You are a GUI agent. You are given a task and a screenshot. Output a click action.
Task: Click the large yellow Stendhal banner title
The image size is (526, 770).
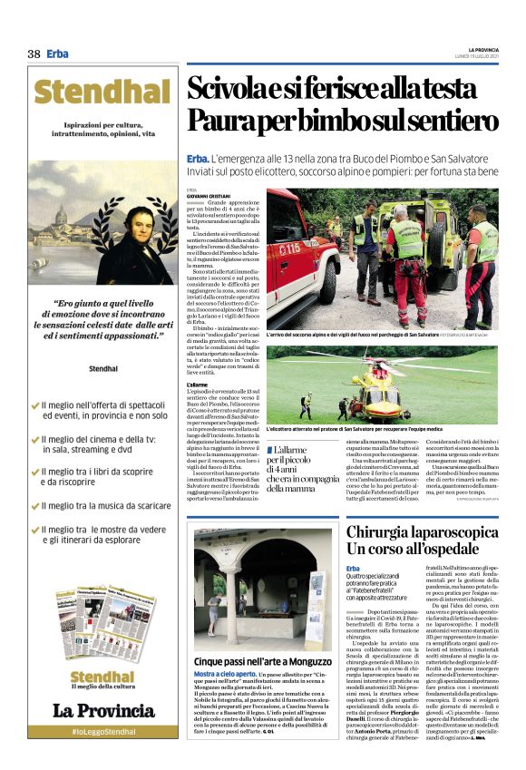(104, 93)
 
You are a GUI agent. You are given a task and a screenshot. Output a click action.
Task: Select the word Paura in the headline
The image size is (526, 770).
(222, 120)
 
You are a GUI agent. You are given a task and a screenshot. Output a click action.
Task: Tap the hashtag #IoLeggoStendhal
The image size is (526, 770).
(104, 731)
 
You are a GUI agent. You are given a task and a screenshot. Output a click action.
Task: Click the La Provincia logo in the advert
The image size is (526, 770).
(104, 711)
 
